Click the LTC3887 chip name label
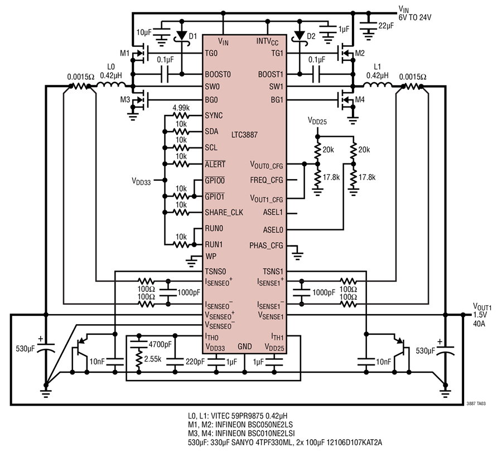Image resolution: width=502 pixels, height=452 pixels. pos(244,135)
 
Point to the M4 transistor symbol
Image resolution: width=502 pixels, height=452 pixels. pos(346,100)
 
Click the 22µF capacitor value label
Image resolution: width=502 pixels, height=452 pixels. pos(386,26)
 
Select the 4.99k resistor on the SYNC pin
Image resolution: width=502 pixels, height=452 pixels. pos(181,116)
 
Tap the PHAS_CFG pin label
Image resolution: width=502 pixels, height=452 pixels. pos(266,246)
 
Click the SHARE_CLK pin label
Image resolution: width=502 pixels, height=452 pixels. pos(224,213)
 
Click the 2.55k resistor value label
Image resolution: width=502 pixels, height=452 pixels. pos(153,359)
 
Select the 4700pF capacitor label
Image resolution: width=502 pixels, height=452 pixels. pos(160,344)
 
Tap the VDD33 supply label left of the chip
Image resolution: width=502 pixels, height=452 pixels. pos(141,181)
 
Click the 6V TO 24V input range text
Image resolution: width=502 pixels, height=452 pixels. pos(414,18)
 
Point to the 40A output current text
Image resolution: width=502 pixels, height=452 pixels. pos(479,324)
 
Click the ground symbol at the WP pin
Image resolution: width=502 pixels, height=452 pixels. pos(191,262)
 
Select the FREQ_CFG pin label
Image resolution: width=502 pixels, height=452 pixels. pos(267,180)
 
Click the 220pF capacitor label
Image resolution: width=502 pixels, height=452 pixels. pos(195,362)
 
